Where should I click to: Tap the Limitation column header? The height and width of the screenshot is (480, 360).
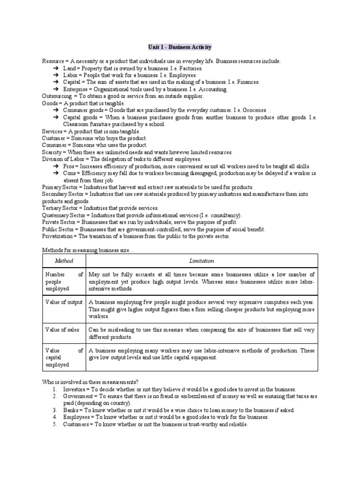pyautogui.click(x=202, y=260)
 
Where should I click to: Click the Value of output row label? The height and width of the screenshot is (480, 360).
pyautogui.click(x=64, y=302)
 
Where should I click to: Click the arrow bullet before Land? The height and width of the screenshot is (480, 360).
pyautogui.click(x=55, y=68)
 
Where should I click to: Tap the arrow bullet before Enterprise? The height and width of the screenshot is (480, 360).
pyautogui.click(x=55, y=89)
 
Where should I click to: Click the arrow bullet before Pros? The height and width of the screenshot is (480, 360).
pyautogui.click(x=55, y=166)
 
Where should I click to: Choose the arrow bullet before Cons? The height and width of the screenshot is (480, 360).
pyautogui.click(x=55, y=173)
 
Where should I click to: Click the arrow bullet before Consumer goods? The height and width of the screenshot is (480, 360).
pyautogui.click(x=55, y=110)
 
